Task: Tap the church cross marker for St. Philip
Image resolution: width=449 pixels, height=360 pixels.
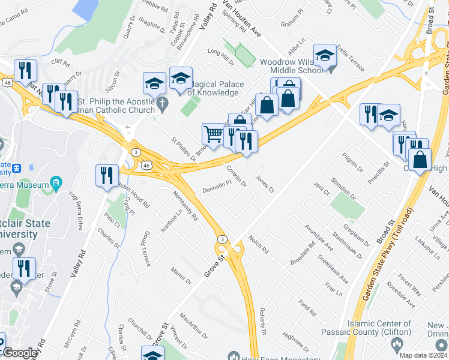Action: coord(161,106)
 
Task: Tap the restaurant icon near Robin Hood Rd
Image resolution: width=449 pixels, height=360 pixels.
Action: coord(107,175)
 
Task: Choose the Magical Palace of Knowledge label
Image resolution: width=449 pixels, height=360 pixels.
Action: coord(211,88)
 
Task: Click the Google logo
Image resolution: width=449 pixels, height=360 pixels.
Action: coord(20,353)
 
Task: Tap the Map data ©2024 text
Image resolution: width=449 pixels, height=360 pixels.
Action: coord(424,355)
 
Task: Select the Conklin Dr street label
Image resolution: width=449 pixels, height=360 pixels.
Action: coord(237,175)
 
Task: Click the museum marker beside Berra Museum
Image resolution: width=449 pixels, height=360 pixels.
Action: coord(56,182)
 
